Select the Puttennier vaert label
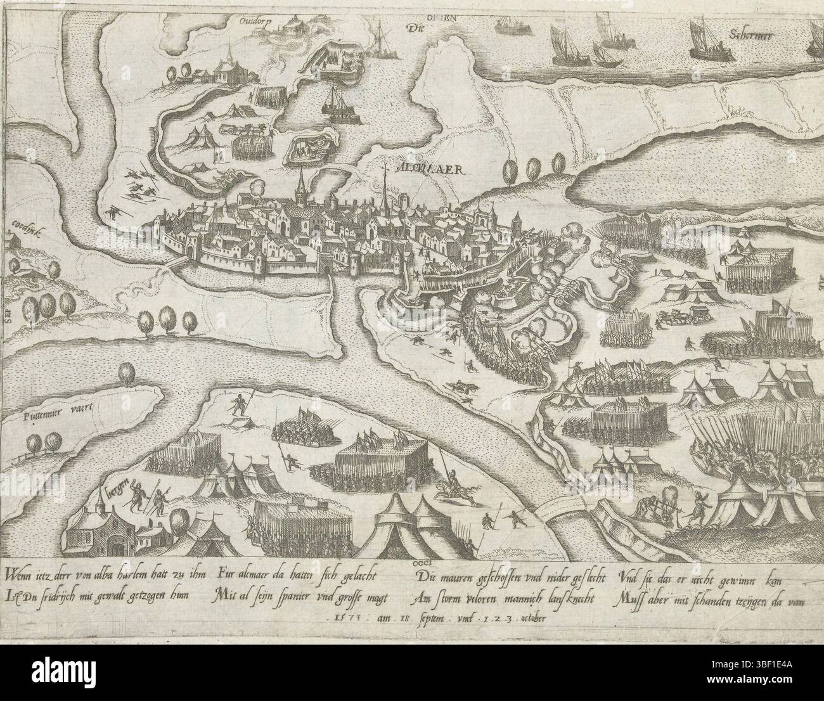[x=53, y=409]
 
